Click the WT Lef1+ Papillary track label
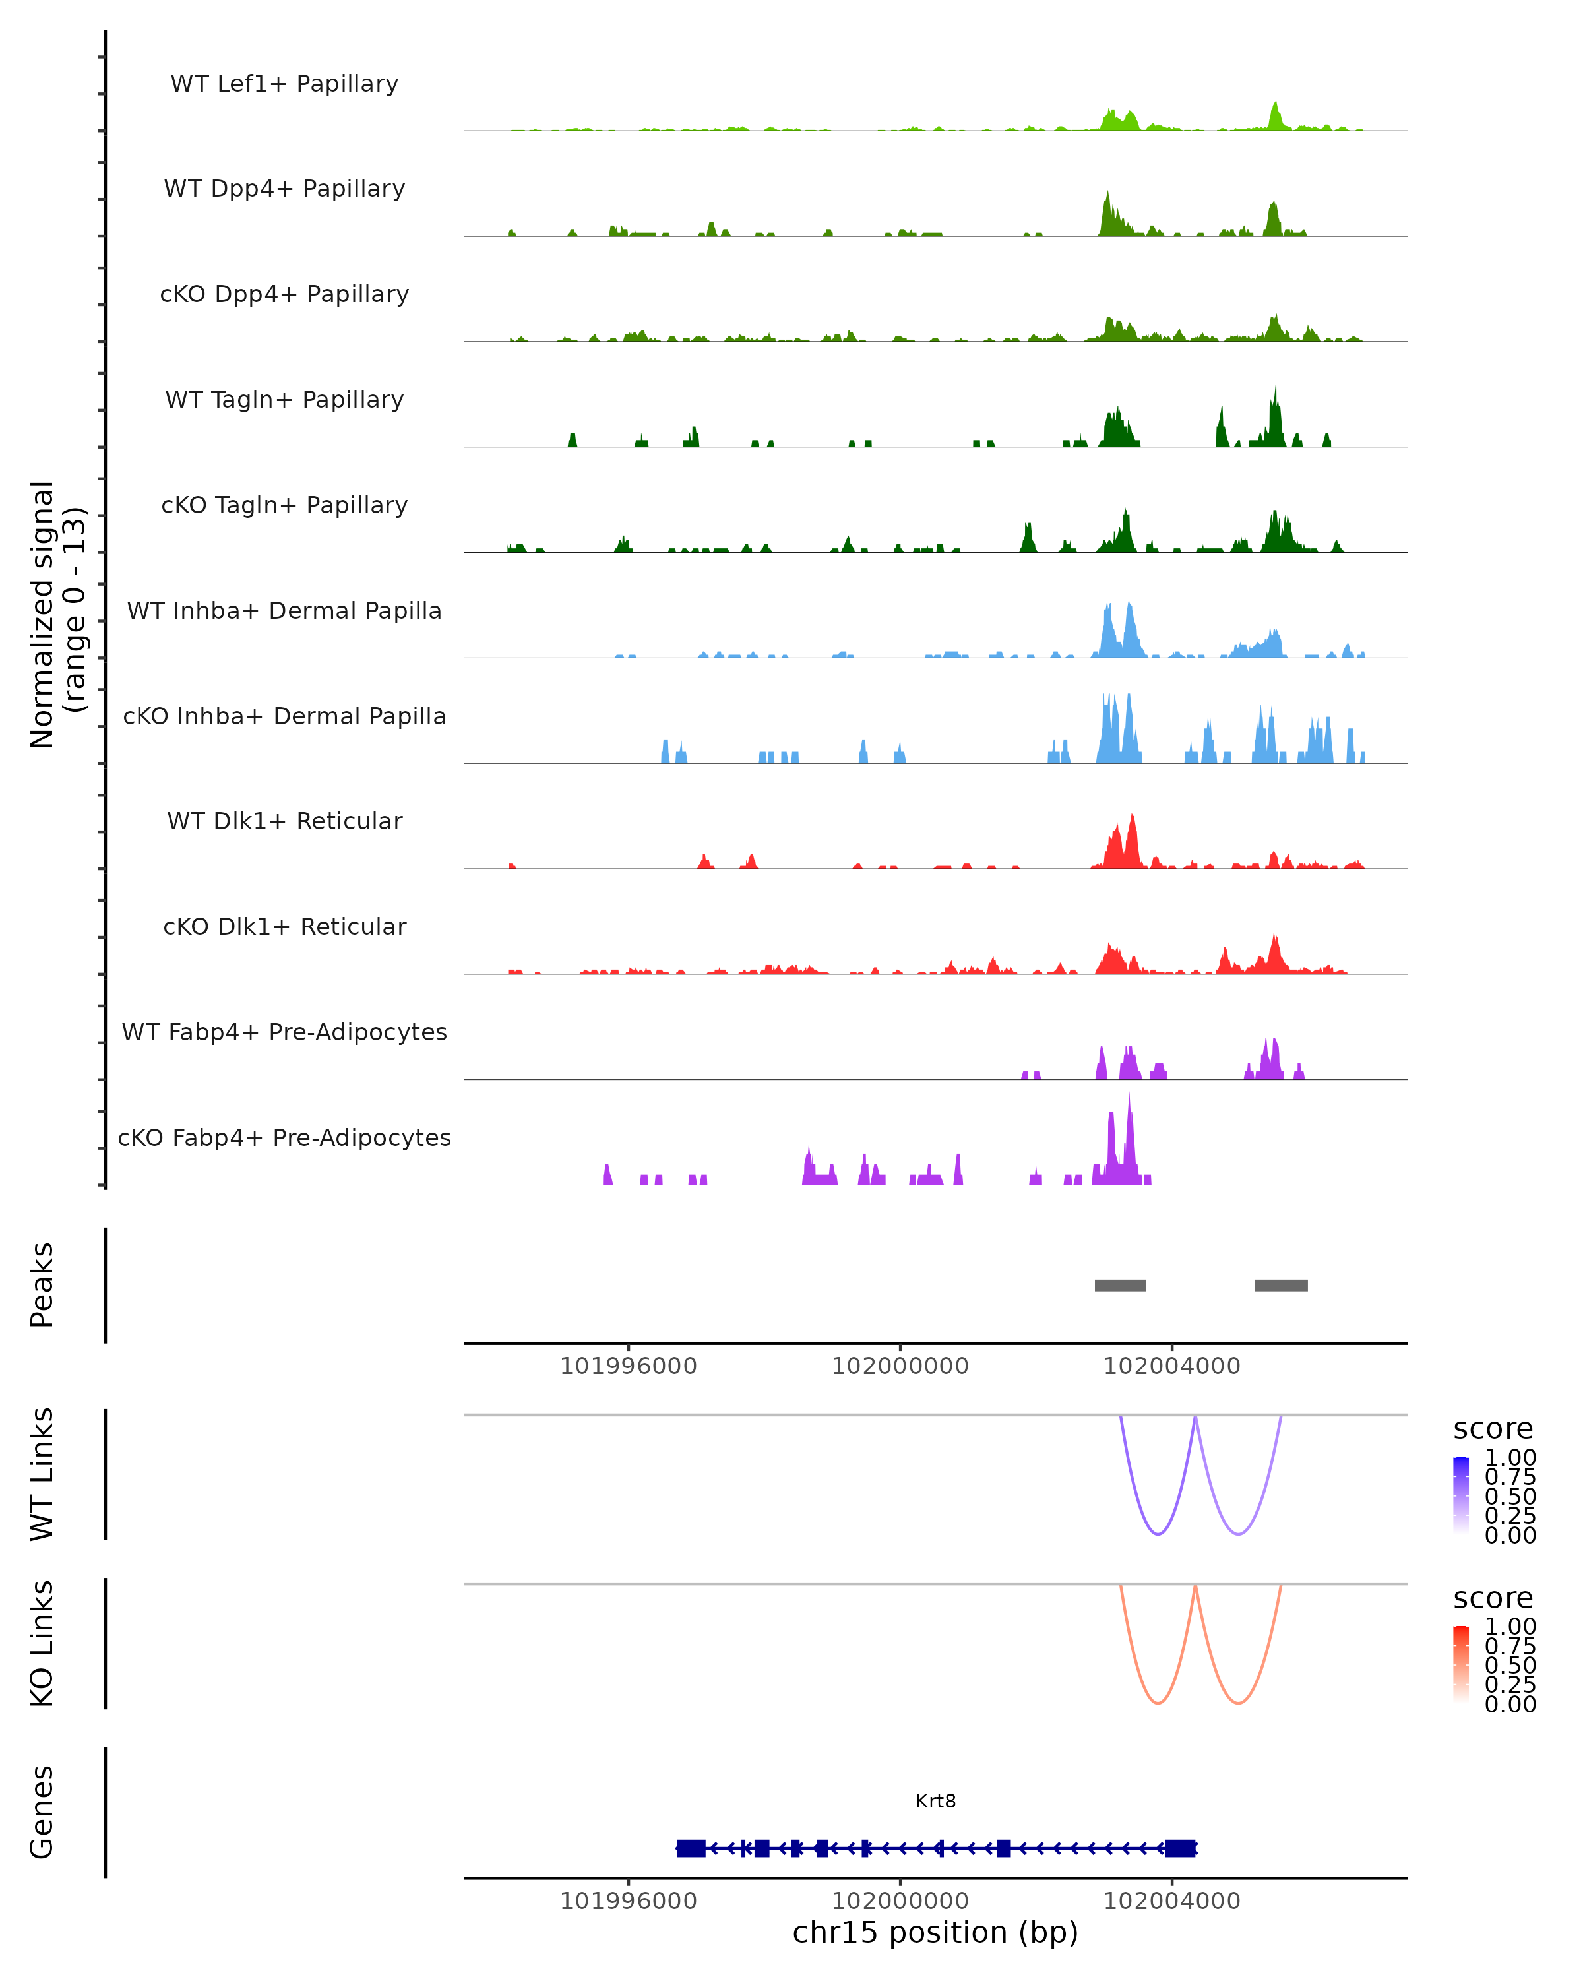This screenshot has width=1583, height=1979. tap(284, 84)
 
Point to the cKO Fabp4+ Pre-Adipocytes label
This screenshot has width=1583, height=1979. tap(284, 1137)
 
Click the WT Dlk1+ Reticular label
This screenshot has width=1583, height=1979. tap(284, 821)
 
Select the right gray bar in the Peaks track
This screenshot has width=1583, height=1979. tap(1280, 1285)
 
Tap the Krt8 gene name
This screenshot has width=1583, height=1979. tap(935, 1801)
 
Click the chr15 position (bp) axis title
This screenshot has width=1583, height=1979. tap(935, 1932)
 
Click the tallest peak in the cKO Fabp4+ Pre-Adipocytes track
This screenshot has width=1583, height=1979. tap(1130, 1098)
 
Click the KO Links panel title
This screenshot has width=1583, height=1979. tap(42, 1643)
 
